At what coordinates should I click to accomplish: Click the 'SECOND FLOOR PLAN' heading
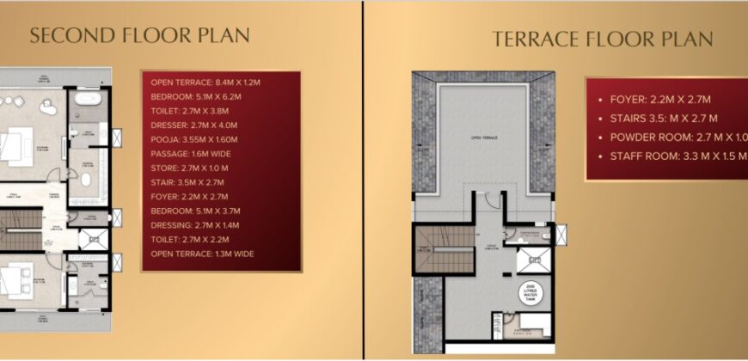click(x=139, y=35)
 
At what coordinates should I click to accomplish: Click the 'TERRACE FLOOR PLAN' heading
click(x=602, y=39)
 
